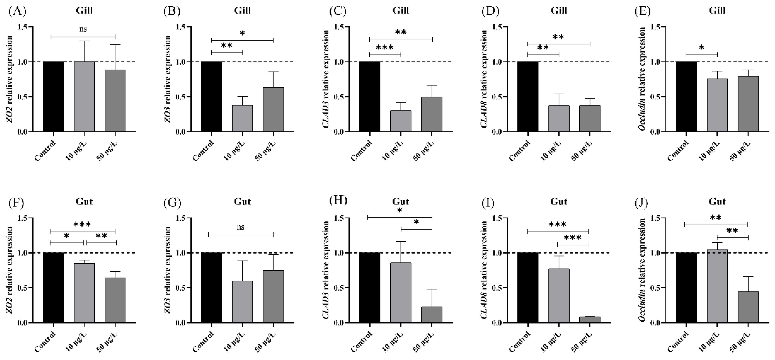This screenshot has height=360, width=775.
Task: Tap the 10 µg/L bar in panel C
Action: (401, 121)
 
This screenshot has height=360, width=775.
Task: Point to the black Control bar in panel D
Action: (528, 97)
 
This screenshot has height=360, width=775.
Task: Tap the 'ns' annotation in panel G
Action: (240, 227)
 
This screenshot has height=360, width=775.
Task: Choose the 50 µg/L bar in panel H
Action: (432, 315)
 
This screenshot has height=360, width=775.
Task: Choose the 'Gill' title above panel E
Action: (717, 10)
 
